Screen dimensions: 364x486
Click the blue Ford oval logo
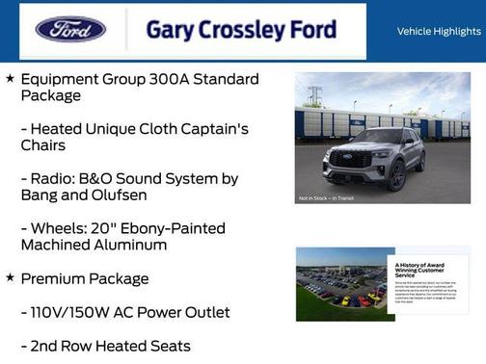click(70, 29)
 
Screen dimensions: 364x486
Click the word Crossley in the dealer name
click(243, 30)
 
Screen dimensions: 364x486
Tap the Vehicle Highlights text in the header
click(440, 31)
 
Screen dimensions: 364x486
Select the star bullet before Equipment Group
click(10, 78)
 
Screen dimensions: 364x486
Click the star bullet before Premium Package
click(10, 278)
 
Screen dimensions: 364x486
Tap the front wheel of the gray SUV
click(396, 175)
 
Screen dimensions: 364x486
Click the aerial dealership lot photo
click(337, 284)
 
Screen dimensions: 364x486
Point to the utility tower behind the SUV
click(315, 94)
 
